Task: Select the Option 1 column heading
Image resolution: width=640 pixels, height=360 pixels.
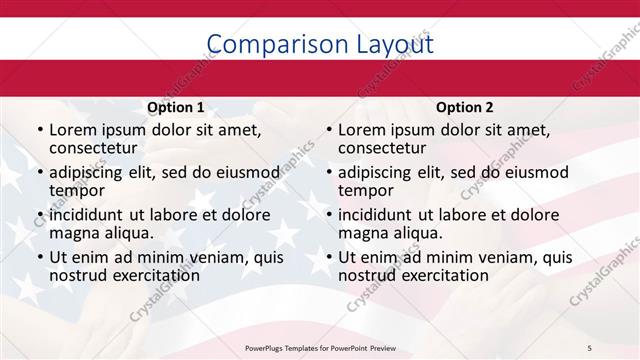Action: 176,107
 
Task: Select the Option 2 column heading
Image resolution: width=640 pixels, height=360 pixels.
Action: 465,107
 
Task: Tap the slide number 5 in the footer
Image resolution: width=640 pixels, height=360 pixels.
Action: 589,346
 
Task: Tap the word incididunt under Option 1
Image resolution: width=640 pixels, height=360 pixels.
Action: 87,215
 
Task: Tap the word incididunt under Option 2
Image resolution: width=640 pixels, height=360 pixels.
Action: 376,215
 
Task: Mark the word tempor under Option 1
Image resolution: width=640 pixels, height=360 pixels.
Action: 77,189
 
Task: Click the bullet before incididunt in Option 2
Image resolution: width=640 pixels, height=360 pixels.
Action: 328,215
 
